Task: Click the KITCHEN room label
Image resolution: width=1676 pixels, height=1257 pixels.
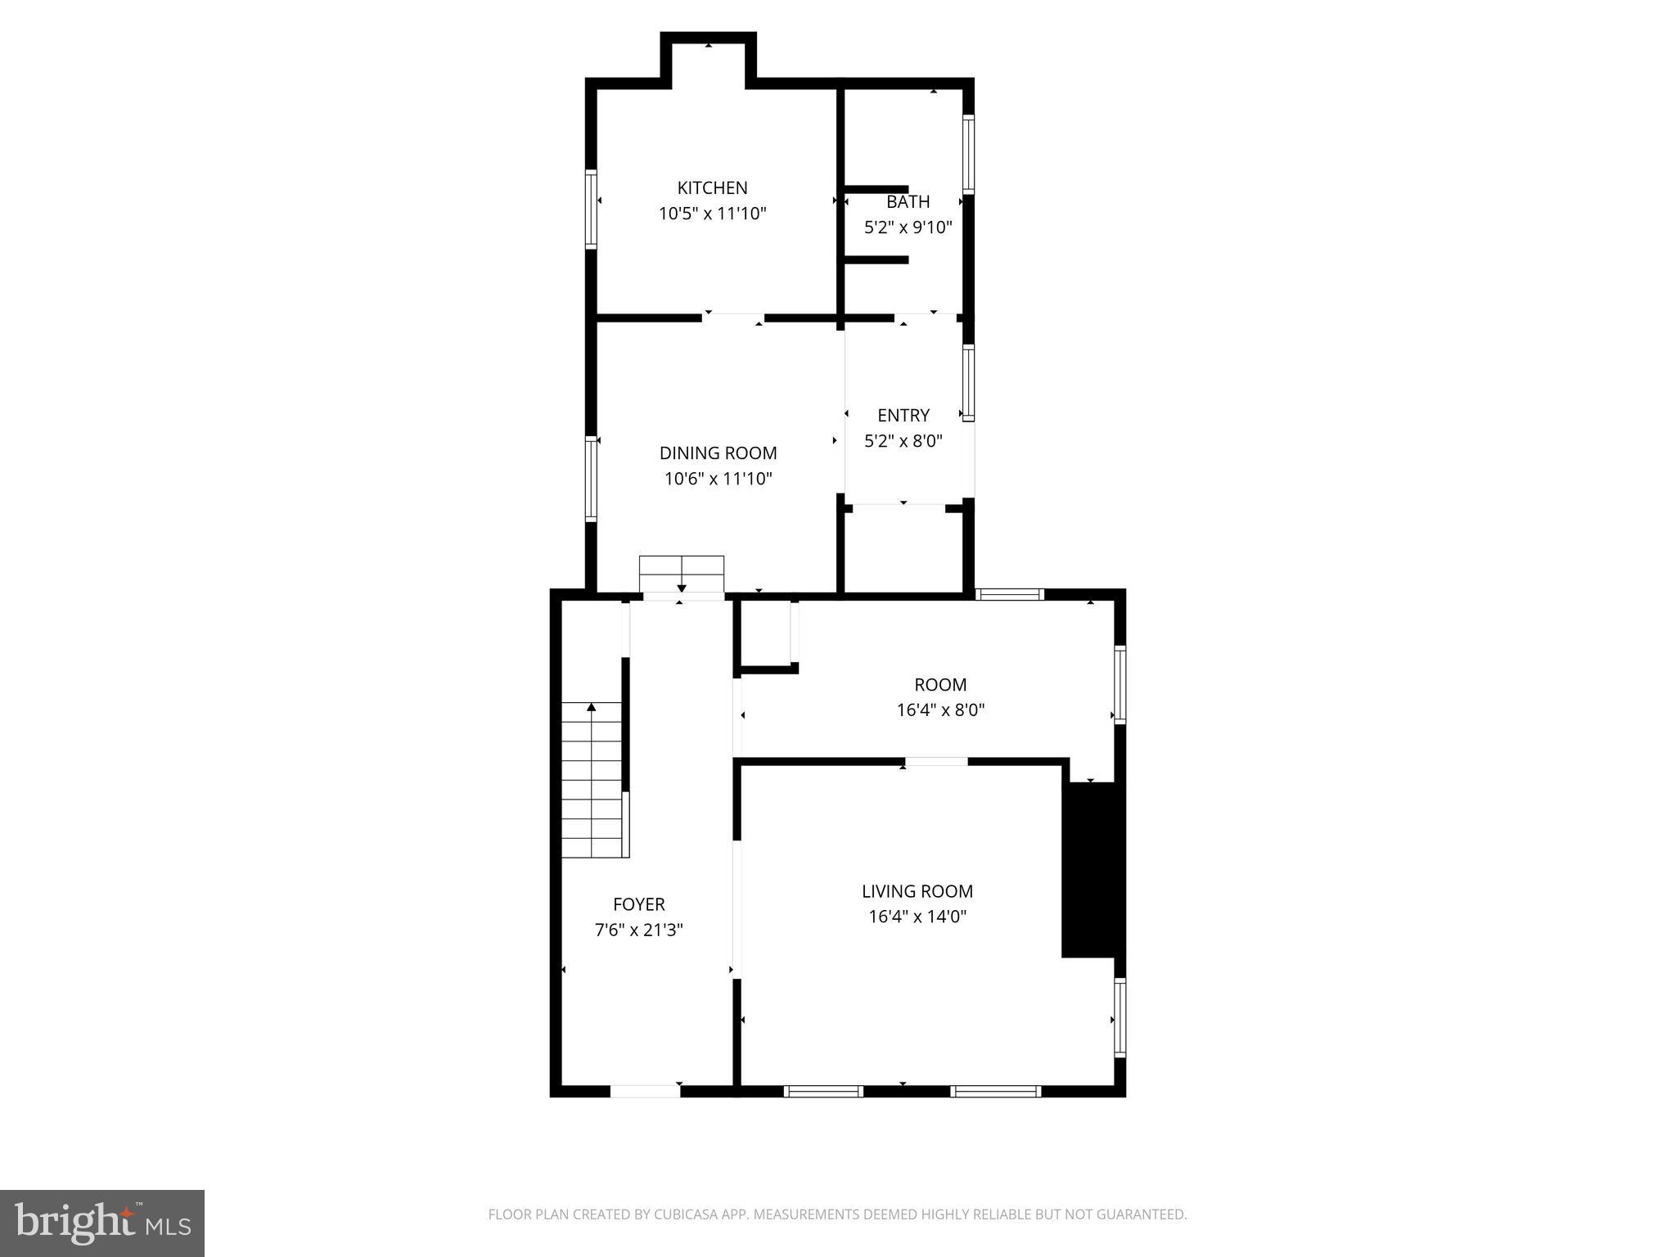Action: [712, 187]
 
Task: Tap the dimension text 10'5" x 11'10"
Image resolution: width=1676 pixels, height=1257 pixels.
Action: [712, 214]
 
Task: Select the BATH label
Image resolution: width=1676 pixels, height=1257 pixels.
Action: [908, 201]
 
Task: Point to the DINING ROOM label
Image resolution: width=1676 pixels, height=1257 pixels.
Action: [718, 453]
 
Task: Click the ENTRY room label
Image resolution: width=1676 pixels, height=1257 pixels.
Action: [903, 415]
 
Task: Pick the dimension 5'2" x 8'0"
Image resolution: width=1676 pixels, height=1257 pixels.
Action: [903, 441]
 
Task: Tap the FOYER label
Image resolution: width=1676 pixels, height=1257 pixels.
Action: [638, 904]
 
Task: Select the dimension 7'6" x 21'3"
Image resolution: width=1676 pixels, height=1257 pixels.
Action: [638, 930]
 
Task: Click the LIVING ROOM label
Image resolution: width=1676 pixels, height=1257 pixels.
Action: [917, 891]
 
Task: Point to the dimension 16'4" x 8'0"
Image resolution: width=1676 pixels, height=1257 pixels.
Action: [940, 710]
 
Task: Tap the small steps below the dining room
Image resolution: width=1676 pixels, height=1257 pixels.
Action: [681, 573]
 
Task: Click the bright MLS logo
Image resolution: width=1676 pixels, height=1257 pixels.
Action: [102, 1223]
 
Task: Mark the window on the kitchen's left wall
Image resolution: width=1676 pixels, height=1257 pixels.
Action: [590, 208]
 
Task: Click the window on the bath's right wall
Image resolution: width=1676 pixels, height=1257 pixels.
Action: [968, 154]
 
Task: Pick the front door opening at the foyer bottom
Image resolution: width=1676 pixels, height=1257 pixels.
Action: [645, 1091]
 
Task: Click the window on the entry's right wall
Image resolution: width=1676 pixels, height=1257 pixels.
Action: [968, 382]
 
